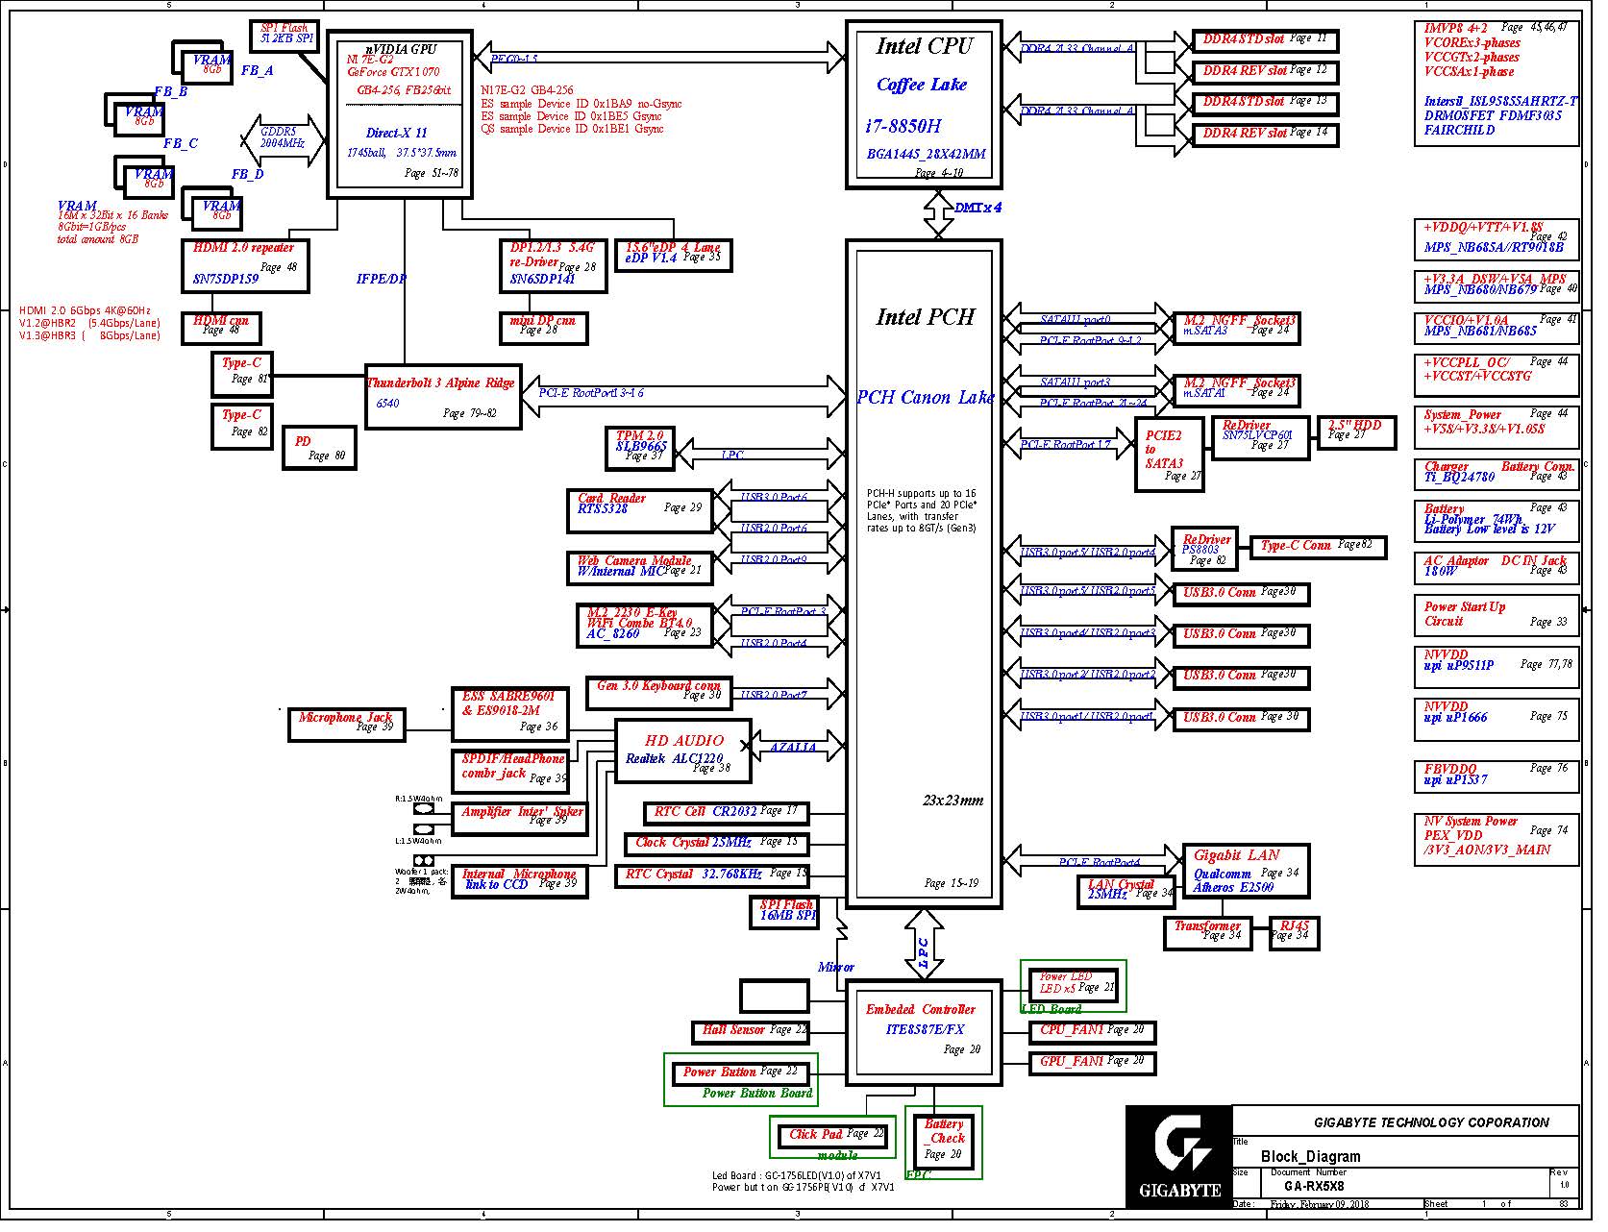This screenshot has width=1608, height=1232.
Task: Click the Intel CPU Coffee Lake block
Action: coord(931,106)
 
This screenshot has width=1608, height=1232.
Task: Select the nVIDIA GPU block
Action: coord(404,115)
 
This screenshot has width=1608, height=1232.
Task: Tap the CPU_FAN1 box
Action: coord(1098,1041)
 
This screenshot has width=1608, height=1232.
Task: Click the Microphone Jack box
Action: coord(349,732)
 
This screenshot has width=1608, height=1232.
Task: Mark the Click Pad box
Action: coord(836,1146)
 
